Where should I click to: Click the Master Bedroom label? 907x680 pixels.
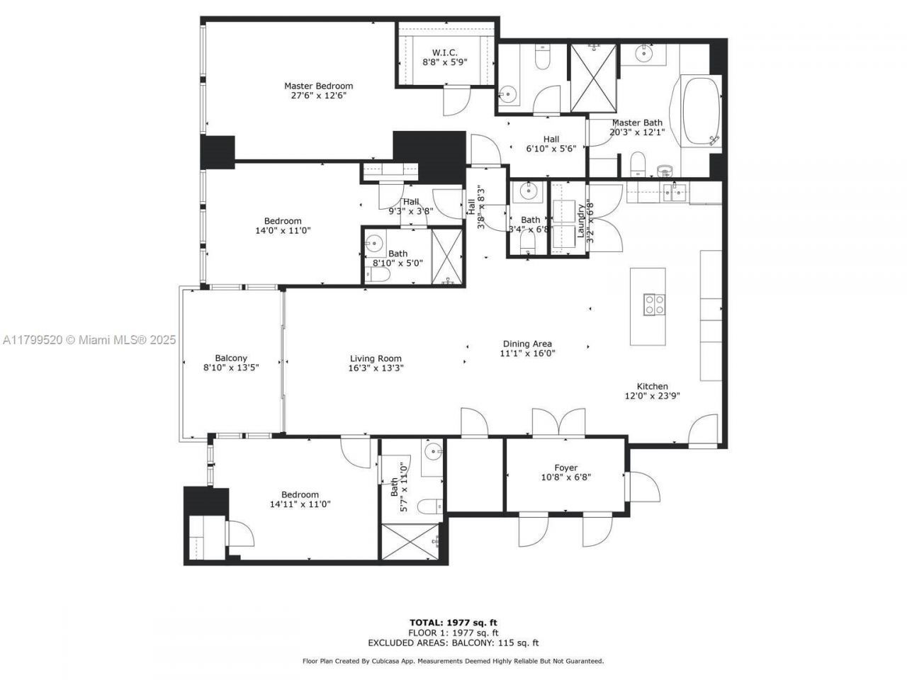click(x=318, y=86)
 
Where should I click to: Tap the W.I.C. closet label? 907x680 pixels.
click(x=445, y=53)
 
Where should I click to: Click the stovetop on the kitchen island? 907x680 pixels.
click(x=654, y=305)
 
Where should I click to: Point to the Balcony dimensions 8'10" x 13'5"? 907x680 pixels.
click(x=231, y=368)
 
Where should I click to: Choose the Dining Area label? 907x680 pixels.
click(x=527, y=344)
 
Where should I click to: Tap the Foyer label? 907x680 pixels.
click(x=565, y=467)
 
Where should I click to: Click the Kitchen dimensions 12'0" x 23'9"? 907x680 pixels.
click(x=652, y=397)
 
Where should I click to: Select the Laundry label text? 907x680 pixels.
click(x=580, y=220)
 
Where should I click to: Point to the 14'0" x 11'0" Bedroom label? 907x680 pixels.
click(x=283, y=221)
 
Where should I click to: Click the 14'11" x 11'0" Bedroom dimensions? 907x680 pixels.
click(x=300, y=504)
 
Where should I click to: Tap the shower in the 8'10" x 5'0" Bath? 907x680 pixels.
click(x=446, y=256)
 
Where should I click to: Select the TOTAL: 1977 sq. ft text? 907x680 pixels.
click(x=453, y=623)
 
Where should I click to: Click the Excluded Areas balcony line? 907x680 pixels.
click(x=453, y=643)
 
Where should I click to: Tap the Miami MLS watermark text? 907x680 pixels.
click(x=89, y=340)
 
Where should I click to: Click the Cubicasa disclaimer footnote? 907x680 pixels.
click(x=453, y=661)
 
